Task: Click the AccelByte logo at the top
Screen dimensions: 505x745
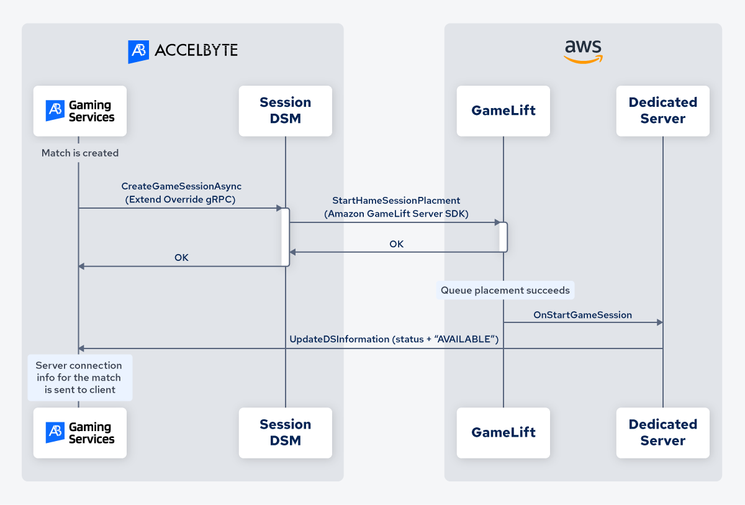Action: point(183,51)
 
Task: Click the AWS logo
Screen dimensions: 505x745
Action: point(583,52)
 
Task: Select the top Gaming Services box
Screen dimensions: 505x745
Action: point(80,111)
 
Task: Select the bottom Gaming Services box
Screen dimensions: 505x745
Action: point(80,433)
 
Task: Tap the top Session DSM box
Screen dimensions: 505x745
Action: point(286,111)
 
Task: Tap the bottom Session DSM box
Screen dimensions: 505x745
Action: point(286,433)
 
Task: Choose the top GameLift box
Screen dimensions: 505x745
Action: point(503,111)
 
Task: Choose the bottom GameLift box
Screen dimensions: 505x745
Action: point(503,433)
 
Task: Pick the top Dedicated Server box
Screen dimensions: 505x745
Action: point(662,111)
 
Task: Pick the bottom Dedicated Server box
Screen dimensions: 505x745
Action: point(662,433)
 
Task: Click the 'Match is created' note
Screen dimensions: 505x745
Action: point(80,153)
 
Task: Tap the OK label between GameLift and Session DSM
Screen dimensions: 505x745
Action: point(396,244)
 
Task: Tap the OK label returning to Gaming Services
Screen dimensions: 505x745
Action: point(181,257)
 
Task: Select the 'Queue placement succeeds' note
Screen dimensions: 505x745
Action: point(505,290)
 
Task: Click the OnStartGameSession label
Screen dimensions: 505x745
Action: point(582,315)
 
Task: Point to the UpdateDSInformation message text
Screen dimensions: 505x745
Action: point(394,339)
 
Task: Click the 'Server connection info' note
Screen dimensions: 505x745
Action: point(79,378)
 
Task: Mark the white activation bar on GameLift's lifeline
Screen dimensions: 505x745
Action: point(503,237)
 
